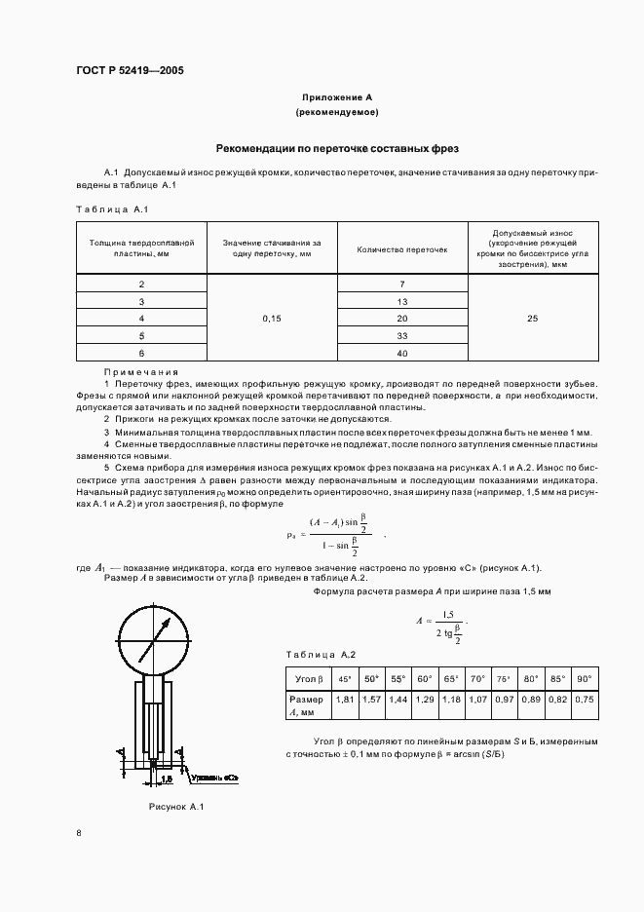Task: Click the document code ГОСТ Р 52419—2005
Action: click(130, 71)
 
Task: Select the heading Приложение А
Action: click(336, 98)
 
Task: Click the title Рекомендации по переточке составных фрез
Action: click(336, 148)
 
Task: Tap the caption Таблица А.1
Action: click(112, 209)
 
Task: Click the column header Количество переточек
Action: click(402, 249)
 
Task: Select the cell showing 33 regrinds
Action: click(402, 335)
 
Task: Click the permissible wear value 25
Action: click(531, 319)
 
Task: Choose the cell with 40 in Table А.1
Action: click(402, 353)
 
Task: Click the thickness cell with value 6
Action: click(142, 353)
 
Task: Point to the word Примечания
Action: click(141, 372)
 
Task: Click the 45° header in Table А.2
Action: click(344, 678)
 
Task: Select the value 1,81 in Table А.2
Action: click(344, 700)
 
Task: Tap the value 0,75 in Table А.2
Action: click(584, 700)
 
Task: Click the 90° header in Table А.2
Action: click(584, 678)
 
